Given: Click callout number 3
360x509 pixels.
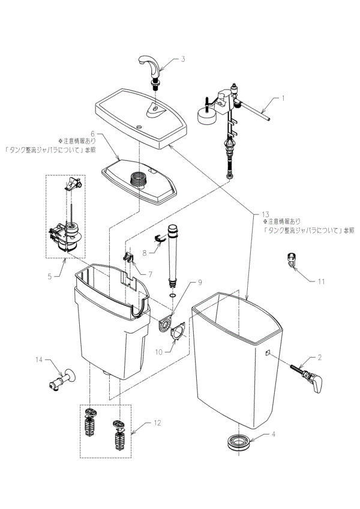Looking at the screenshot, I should point(183,59).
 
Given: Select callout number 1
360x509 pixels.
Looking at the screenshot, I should point(284,97).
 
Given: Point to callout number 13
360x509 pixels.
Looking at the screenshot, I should point(266,214).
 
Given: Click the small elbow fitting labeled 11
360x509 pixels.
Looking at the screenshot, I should point(290,261).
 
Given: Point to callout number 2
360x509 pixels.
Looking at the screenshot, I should point(320,358).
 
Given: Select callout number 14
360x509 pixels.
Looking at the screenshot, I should point(38,360).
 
